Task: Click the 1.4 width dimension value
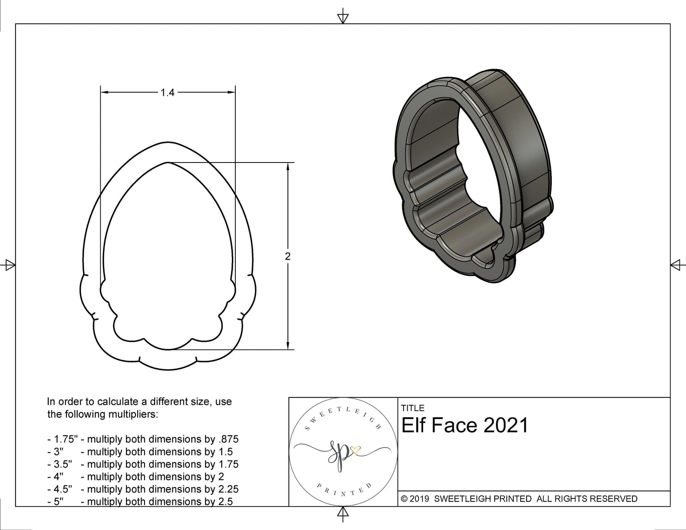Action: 167,92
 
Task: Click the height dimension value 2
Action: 287,256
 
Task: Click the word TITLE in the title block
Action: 412,408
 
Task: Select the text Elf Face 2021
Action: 465,425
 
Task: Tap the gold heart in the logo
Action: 355,450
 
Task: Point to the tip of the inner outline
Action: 168,163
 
